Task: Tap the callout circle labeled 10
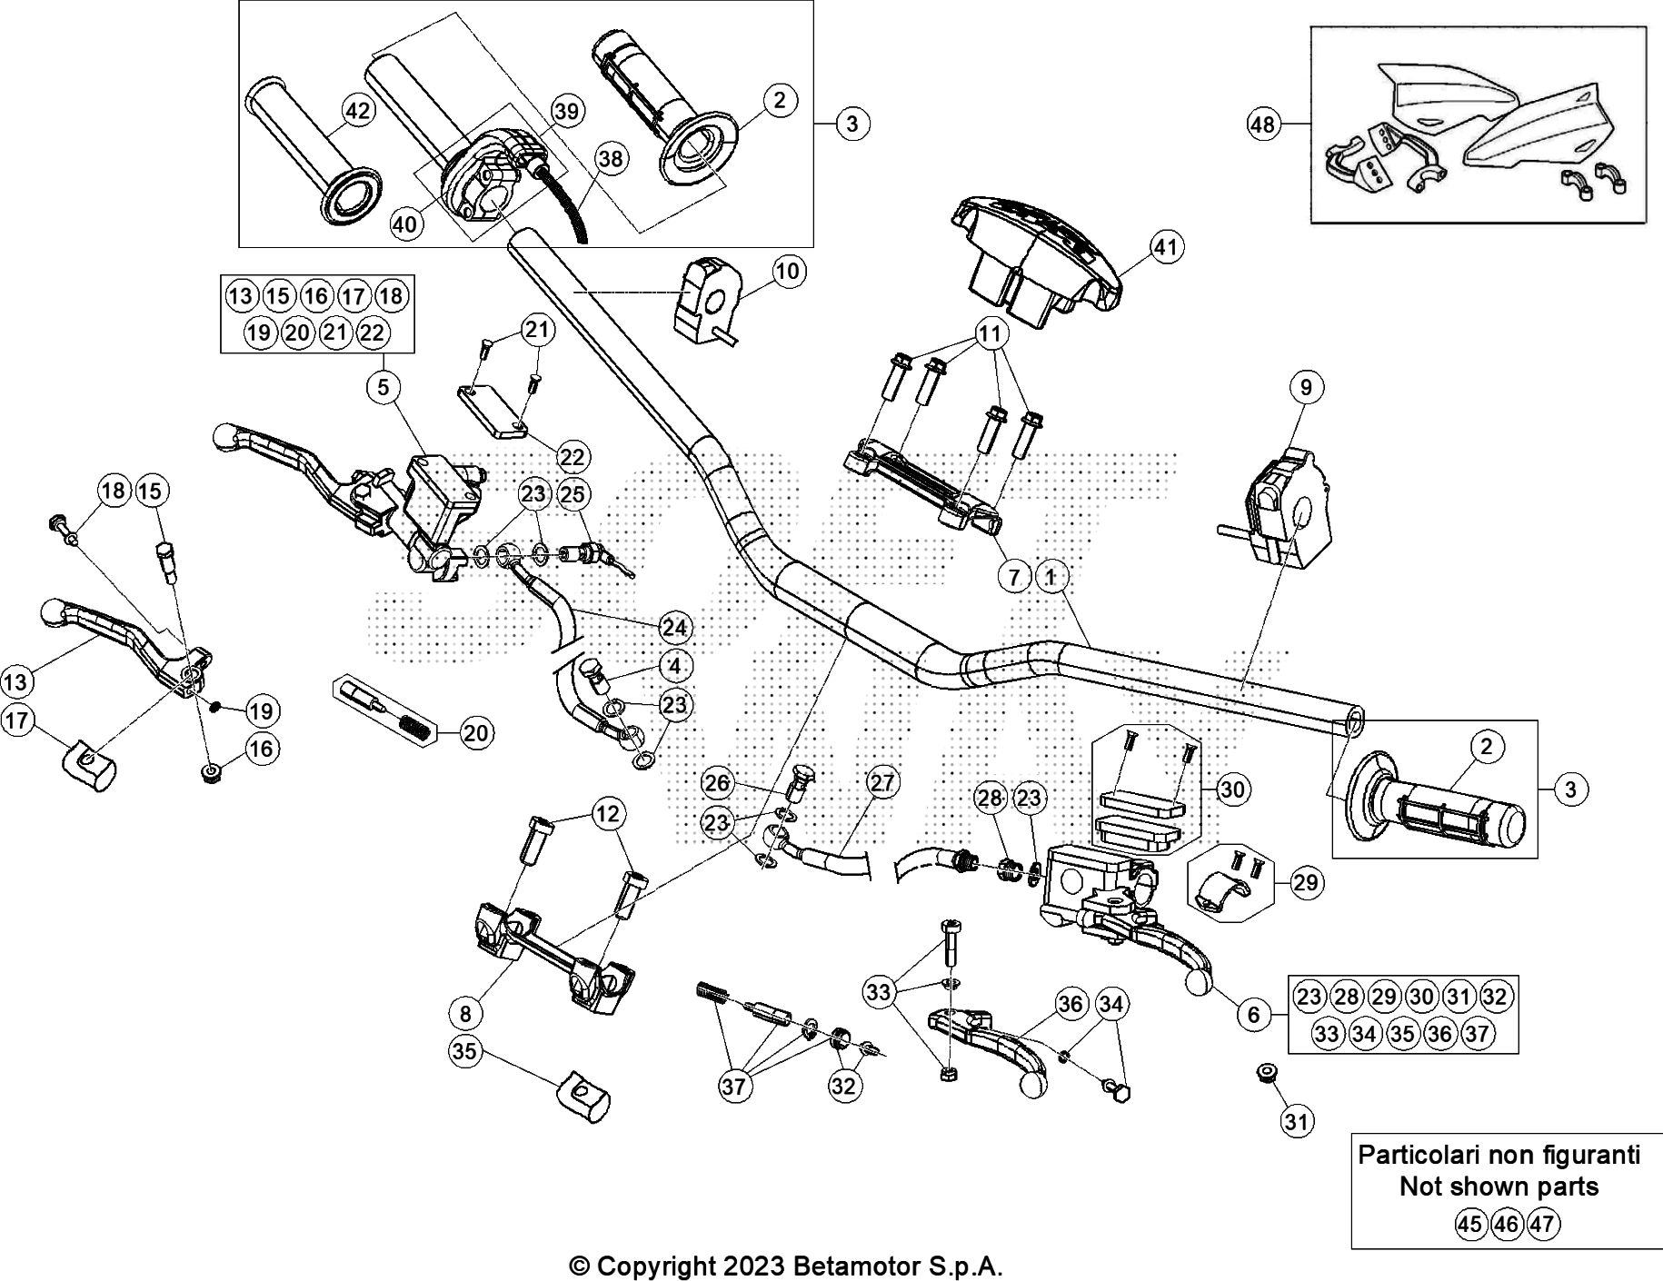788,271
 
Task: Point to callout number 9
1306,387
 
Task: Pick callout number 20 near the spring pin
476,732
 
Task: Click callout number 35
464,1051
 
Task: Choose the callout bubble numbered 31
1297,1121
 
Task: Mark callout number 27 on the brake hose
881,782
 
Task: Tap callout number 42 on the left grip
358,111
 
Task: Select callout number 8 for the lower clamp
465,1011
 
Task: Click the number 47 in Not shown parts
1543,1224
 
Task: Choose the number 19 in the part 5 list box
259,333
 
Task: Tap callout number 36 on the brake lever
1071,1003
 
